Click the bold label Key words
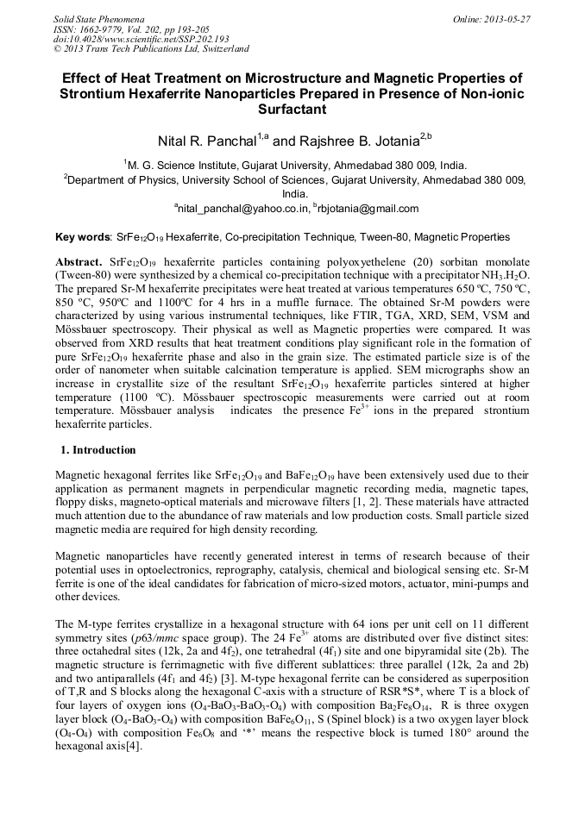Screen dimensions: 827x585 pyautogui.click(x=82, y=237)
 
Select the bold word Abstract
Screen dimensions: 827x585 pyautogui.click(x=79, y=260)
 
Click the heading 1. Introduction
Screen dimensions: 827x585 pyautogui.click(x=97, y=449)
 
